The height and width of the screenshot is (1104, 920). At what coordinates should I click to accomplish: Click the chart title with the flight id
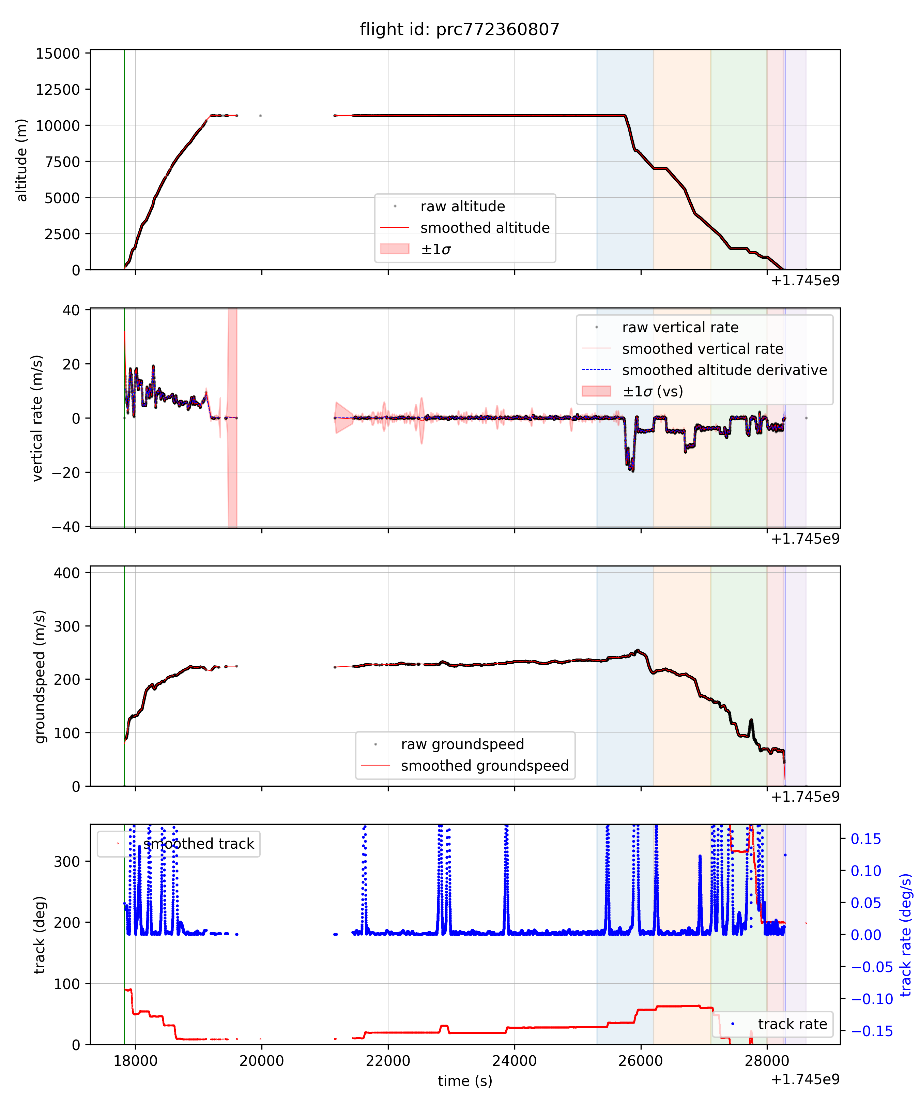click(x=459, y=29)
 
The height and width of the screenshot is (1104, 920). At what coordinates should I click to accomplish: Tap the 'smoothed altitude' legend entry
click(x=485, y=228)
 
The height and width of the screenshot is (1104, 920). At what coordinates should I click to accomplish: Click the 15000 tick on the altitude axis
click(x=58, y=54)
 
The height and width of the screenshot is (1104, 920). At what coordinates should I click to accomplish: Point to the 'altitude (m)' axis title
click(x=21, y=160)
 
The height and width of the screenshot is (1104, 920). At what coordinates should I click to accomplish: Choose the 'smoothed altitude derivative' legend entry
click(x=724, y=370)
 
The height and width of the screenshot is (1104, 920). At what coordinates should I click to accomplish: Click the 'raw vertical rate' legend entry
click(x=680, y=328)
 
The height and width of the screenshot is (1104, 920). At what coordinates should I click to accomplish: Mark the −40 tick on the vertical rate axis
click(x=66, y=527)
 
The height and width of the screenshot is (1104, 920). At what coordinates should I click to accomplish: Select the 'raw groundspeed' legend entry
click(x=462, y=744)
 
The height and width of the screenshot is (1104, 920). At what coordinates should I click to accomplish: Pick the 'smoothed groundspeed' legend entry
click(x=485, y=766)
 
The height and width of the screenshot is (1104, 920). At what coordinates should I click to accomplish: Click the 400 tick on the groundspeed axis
click(x=67, y=573)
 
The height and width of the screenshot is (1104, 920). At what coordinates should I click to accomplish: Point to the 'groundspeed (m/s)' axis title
click(x=40, y=677)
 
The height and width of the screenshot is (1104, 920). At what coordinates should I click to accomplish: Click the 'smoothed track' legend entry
click(x=198, y=844)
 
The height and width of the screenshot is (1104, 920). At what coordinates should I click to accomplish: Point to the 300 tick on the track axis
click(x=67, y=862)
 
